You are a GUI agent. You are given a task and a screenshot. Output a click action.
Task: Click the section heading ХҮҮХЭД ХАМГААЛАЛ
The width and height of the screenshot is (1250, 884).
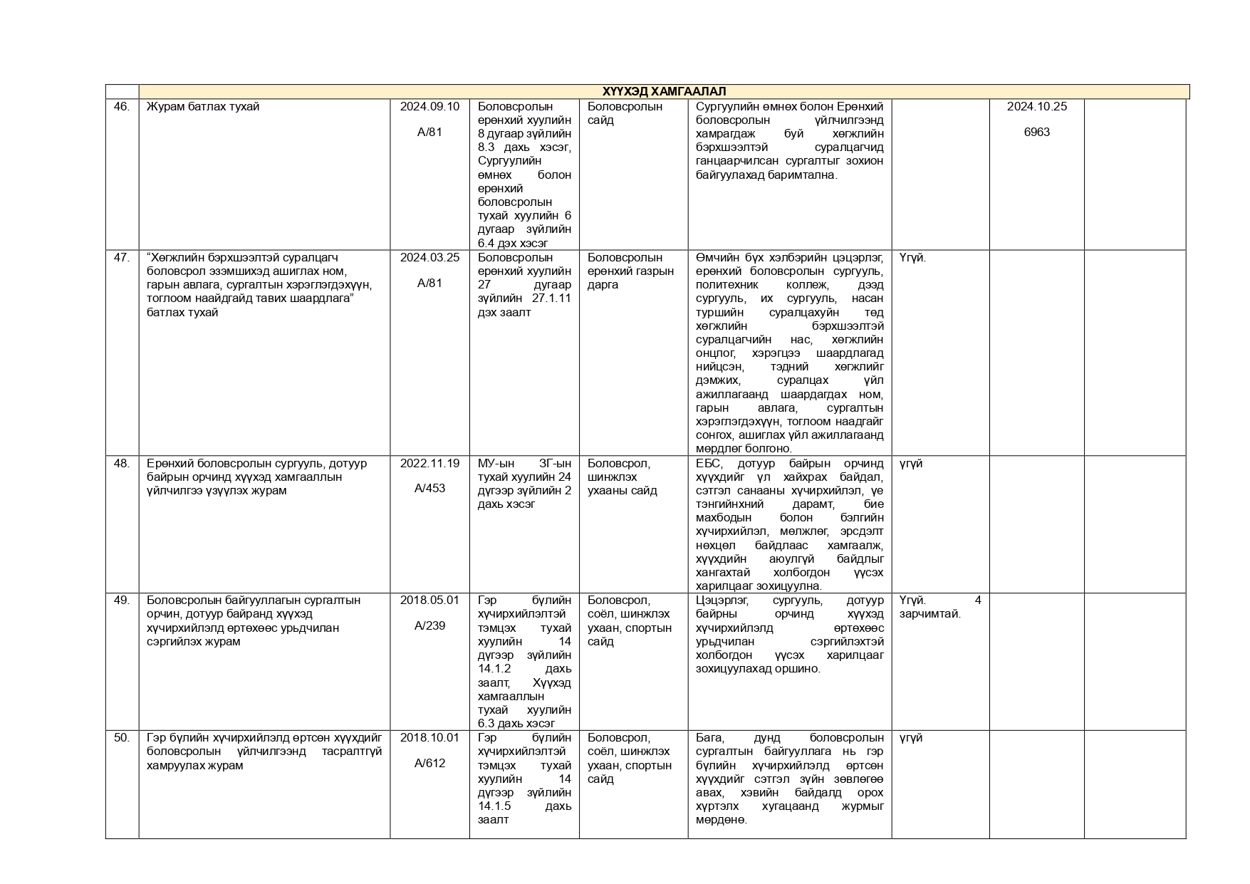664,91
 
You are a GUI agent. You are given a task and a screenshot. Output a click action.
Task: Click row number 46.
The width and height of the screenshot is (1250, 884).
122,107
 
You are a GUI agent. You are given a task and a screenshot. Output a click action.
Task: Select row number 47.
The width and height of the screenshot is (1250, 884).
122,258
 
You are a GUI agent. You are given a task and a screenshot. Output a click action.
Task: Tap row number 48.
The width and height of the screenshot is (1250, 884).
122,464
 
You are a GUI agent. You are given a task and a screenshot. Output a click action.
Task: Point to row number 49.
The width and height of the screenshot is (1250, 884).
122,600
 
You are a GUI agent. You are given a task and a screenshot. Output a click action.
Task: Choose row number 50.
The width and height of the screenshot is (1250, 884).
122,738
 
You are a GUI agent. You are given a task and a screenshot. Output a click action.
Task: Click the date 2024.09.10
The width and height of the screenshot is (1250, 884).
429,107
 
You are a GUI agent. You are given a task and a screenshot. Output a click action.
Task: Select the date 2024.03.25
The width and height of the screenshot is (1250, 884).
429,258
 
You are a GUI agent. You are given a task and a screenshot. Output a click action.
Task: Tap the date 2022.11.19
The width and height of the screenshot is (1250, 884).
429,464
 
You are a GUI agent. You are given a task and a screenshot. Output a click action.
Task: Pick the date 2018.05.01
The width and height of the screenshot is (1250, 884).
429,600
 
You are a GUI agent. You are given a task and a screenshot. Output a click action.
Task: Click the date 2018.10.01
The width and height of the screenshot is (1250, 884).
429,738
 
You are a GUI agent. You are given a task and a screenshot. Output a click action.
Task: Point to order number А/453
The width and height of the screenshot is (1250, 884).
429,489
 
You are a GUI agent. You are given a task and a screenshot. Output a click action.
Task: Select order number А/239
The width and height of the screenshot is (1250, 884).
429,626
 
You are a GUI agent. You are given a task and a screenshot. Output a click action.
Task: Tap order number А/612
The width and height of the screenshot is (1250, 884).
429,764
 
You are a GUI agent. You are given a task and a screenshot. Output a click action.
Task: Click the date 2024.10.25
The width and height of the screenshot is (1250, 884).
1036,107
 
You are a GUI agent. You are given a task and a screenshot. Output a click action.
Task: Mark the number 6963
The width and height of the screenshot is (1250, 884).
1036,132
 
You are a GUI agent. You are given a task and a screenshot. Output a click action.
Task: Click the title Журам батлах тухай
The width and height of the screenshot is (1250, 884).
203,107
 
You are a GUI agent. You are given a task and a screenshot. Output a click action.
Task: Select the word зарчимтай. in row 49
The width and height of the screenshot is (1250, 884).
929,614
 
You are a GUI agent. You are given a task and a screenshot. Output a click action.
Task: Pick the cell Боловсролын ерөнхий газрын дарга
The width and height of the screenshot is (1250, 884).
630,271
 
